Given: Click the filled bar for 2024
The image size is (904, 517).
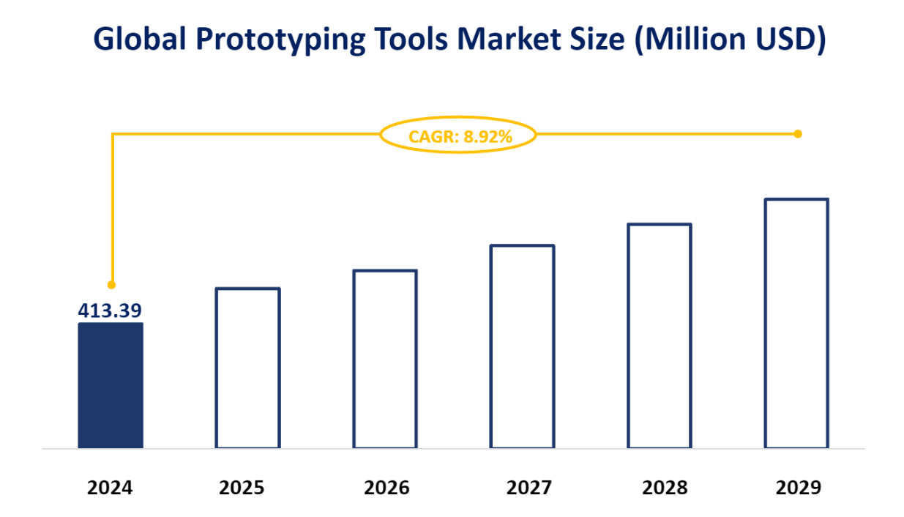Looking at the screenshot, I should (x=111, y=385).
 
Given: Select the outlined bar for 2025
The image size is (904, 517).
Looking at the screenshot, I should (x=247, y=368).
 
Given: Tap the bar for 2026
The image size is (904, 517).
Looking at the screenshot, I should (x=385, y=359).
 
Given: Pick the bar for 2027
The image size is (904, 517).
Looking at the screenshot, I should (x=522, y=346).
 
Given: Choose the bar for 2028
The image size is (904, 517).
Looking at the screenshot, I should (x=659, y=335).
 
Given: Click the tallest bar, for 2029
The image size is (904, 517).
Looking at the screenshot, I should (x=796, y=323).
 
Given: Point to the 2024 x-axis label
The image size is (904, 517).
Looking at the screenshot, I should (x=111, y=488).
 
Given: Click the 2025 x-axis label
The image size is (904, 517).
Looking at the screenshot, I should (x=247, y=488).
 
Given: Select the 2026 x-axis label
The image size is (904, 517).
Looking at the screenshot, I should (x=385, y=488).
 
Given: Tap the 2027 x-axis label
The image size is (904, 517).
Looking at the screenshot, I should (x=522, y=488).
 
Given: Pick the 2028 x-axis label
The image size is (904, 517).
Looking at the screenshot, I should (x=659, y=488).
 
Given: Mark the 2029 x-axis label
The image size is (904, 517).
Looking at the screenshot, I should (x=796, y=488).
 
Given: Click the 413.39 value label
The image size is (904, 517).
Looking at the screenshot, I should (x=110, y=311).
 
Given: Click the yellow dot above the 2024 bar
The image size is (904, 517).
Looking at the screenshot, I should (x=111, y=285).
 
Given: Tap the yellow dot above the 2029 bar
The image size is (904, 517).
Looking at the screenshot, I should (x=798, y=134).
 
